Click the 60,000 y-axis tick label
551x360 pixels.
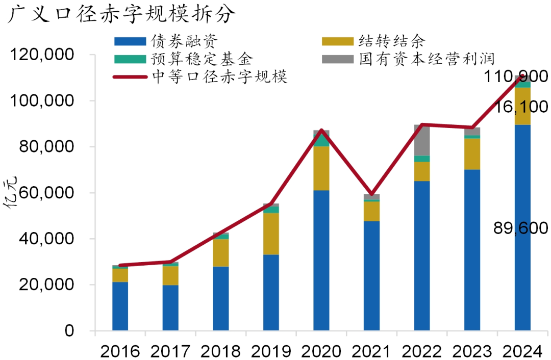48,193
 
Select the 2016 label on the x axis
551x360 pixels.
120,350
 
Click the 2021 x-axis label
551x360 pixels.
371,350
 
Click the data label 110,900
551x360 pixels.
517,77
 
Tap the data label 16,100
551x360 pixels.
520,107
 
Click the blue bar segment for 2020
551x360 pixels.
321,260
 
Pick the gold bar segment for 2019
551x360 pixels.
271,234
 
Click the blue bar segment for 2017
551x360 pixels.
170,308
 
